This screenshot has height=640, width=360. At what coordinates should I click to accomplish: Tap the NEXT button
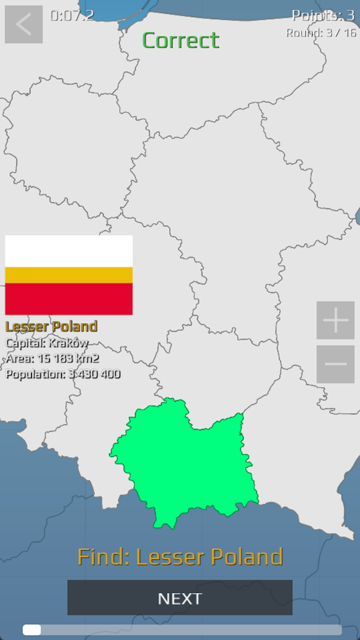179,598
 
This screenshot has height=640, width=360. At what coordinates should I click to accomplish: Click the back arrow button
24,24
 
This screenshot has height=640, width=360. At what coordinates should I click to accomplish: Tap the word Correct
181,40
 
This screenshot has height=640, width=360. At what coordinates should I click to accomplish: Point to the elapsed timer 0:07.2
72,15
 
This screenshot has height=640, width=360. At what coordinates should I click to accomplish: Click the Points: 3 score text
323,15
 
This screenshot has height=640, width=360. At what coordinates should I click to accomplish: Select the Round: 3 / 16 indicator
321,32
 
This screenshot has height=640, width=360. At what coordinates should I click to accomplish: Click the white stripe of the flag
69,251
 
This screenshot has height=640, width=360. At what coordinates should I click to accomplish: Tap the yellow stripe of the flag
69,275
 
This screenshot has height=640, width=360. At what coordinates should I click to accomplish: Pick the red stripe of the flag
69,298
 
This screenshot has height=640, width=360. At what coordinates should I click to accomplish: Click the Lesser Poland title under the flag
51,326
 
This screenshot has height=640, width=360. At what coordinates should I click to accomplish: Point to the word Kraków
68,343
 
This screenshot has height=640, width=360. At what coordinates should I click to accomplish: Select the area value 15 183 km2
68,358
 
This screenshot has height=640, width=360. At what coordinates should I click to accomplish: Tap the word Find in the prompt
103,557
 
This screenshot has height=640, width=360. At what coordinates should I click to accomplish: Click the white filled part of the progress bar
32,630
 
